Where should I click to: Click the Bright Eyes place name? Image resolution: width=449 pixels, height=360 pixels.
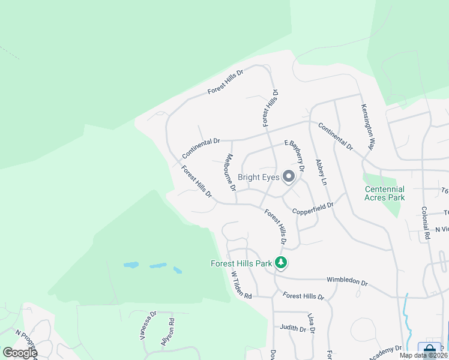[x=258, y=177]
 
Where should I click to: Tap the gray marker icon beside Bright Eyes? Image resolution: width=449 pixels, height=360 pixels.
[x=289, y=176]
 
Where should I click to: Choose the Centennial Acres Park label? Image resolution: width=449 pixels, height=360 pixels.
[x=385, y=193]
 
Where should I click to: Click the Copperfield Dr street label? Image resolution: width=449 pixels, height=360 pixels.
[x=312, y=208]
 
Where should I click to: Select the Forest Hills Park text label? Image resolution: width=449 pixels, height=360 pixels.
[x=241, y=263]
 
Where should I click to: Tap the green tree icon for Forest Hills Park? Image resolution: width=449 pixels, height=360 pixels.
[x=280, y=262]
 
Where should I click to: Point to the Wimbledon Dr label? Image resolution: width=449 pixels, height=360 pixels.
[x=346, y=281]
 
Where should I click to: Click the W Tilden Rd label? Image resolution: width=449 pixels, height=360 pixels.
[x=241, y=284]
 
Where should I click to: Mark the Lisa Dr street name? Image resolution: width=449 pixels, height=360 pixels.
[x=311, y=323]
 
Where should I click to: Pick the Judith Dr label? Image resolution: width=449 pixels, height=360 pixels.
[x=293, y=328]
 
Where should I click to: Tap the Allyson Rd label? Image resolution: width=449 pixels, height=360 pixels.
[x=171, y=329]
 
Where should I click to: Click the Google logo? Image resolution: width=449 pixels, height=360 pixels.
[x=20, y=353]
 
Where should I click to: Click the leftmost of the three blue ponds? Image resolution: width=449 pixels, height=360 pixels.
[x=131, y=265]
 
